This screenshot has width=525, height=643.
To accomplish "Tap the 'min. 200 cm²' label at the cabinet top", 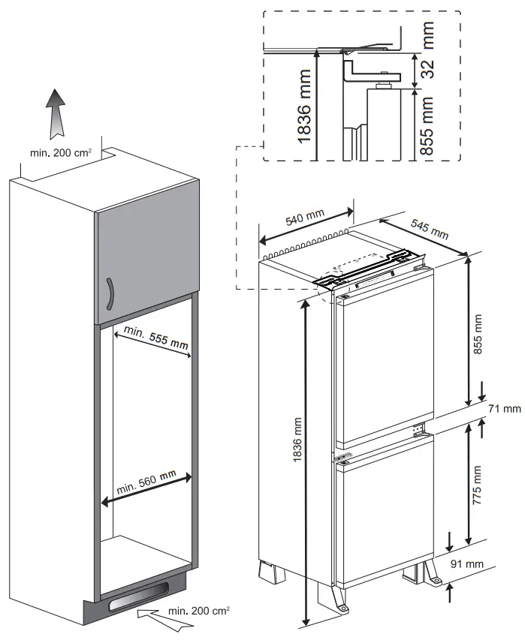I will click(61, 153).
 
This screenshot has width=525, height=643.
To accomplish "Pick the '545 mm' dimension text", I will click(429, 230).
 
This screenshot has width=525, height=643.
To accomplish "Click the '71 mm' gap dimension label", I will click(504, 409).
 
